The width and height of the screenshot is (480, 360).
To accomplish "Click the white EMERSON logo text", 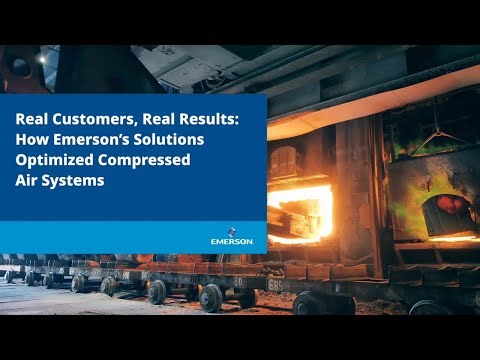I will coord(232,241).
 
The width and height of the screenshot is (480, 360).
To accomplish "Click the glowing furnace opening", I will coord(300,211).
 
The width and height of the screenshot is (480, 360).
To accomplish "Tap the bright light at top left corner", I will coord(41,58).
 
